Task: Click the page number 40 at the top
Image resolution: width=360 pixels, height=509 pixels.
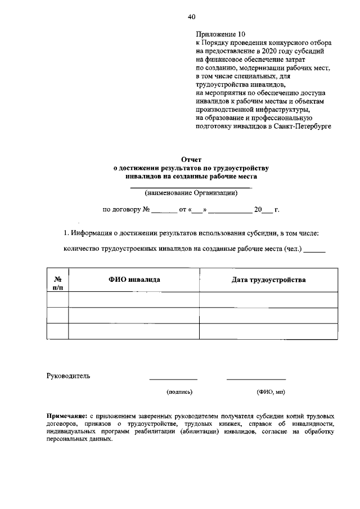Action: point(191,16)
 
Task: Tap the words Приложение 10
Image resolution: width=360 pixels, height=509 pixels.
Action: point(220,34)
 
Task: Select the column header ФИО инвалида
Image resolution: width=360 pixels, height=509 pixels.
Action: point(134,280)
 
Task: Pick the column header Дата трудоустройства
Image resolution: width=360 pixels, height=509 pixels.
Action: point(268,280)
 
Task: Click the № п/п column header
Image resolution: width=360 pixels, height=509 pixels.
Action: point(57,283)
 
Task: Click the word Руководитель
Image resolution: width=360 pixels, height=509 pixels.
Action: point(67,376)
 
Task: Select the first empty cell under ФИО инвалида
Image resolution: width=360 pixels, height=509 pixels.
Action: point(134,300)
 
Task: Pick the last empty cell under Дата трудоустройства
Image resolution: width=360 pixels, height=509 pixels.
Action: point(268,331)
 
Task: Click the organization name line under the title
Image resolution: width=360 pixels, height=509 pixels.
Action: point(191,186)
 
